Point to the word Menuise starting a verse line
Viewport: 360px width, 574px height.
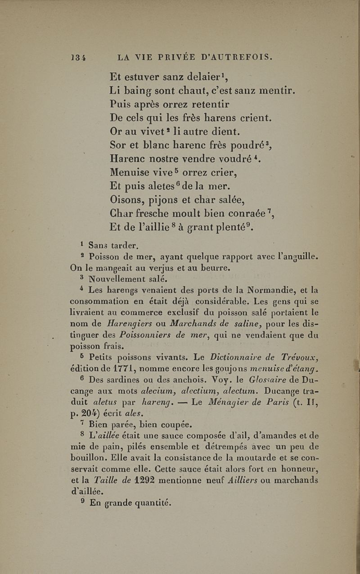130,172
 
